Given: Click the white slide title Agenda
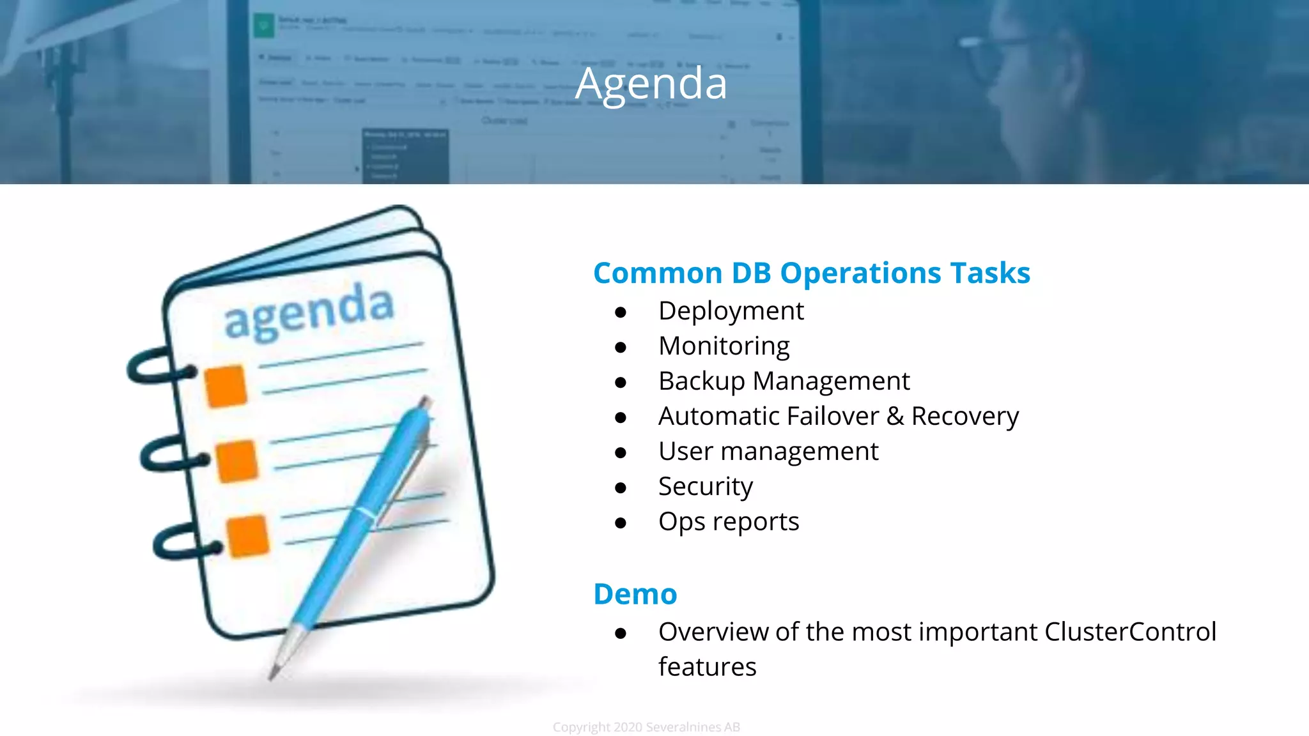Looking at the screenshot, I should pyautogui.click(x=651, y=84).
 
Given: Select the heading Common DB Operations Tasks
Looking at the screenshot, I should pyautogui.click(x=811, y=273).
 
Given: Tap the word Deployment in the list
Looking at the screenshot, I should pyautogui.click(x=731, y=311).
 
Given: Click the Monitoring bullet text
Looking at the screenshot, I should pyautogui.click(x=724, y=346).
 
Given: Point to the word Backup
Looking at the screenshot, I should pyautogui.click(x=701, y=381).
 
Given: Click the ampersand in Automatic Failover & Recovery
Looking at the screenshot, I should pyautogui.click(x=895, y=417).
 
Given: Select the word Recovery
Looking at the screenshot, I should pyautogui.click(x=964, y=417).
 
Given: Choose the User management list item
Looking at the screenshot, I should pyautogui.click(x=768, y=452).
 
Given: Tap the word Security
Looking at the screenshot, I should pyautogui.click(x=705, y=487).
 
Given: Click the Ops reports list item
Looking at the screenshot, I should pyautogui.click(x=728, y=522).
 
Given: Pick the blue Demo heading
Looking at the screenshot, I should pyautogui.click(x=635, y=594).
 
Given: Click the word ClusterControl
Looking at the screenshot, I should pyautogui.click(x=1129, y=632).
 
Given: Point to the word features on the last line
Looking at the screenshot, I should pyautogui.click(x=707, y=667).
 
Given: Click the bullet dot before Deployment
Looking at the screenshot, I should pyautogui.click(x=620, y=312).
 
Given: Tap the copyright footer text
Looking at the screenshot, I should pyautogui.click(x=646, y=727).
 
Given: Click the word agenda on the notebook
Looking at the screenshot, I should pyautogui.click(x=309, y=310).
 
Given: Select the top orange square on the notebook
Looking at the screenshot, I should pyautogui.click(x=226, y=386).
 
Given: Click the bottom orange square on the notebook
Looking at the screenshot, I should pyautogui.click(x=247, y=535).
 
